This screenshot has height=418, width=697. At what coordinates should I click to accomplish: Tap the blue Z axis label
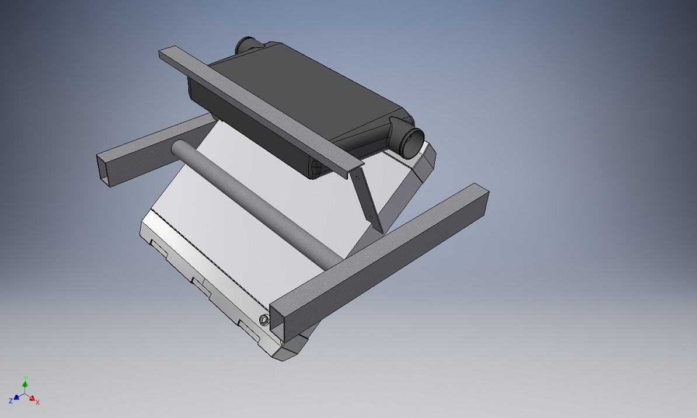11,401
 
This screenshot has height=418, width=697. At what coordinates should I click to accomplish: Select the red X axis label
38,402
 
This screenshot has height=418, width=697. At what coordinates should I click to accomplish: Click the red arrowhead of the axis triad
32,398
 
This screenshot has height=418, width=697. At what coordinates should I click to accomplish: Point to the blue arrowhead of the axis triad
16,397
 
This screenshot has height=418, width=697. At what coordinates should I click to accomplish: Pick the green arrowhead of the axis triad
25,384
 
